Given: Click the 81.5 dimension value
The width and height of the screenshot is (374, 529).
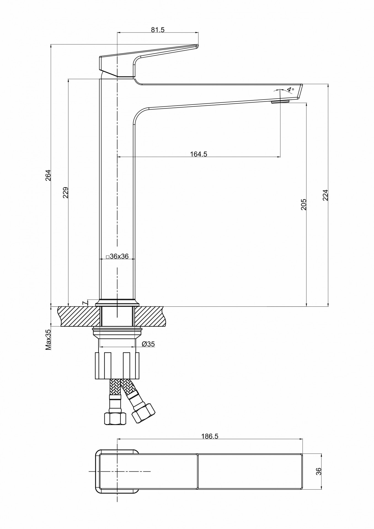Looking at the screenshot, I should (x=157, y=30).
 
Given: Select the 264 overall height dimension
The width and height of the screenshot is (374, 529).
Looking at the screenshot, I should (x=48, y=175).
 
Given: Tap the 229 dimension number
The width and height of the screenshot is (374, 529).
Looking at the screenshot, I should (x=65, y=193).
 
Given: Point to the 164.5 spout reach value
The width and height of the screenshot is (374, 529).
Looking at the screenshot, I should (x=198, y=154).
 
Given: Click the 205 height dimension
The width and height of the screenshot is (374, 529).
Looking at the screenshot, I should (x=303, y=204).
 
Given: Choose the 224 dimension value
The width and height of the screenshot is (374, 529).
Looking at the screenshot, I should (x=325, y=195).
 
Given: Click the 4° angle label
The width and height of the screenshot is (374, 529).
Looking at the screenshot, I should (x=290, y=90).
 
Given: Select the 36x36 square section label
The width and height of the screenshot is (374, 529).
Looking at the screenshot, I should (x=117, y=256).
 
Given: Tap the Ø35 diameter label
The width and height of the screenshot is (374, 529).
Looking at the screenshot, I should (x=148, y=344).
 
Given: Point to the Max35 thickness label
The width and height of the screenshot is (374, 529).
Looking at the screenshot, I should (x=49, y=340).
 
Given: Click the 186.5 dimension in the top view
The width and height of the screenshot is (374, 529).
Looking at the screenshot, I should (x=210, y=436).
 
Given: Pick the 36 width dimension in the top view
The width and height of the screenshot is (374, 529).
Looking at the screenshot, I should (x=319, y=471).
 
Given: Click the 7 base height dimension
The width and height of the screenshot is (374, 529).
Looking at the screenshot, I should (x=84, y=303).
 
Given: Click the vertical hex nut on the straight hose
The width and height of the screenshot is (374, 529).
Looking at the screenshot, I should (x=115, y=418).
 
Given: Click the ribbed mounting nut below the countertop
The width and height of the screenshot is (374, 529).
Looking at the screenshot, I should (x=117, y=365).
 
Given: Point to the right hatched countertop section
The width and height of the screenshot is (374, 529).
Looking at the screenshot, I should (x=150, y=316).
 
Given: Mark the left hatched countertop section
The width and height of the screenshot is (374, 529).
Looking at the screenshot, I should (x=79, y=316).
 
